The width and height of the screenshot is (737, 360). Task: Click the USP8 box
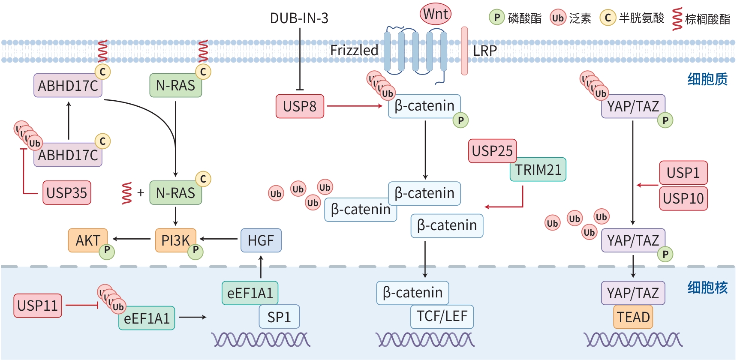point(300,106)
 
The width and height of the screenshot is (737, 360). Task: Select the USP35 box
point(67,193)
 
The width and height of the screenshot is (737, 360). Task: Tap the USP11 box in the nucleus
point(38,306)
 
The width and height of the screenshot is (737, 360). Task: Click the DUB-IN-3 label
point(299,18)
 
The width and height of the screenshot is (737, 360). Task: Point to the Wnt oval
point(436,14)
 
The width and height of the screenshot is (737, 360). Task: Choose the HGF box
point(261,240)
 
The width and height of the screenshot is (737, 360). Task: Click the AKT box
point(87,240)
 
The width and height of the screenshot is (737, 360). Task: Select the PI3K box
point(175,240)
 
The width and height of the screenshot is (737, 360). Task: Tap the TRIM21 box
point(538,170)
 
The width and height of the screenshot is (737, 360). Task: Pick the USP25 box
point(492,151)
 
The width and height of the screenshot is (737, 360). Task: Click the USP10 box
point(683,198)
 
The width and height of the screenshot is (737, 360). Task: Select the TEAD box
point(633,317)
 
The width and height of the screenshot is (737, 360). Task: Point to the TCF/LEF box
point(442,317)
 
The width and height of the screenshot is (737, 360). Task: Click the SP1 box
point(279,317)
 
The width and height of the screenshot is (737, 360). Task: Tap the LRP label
point(485,51)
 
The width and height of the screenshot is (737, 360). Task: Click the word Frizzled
point(354,51)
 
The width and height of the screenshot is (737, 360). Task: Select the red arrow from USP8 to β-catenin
point(354,106)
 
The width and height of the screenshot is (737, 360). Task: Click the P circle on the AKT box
point(107,252)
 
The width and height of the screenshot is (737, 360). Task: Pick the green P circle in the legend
point(496,18)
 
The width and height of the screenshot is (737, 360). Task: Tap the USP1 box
point(683,173)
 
